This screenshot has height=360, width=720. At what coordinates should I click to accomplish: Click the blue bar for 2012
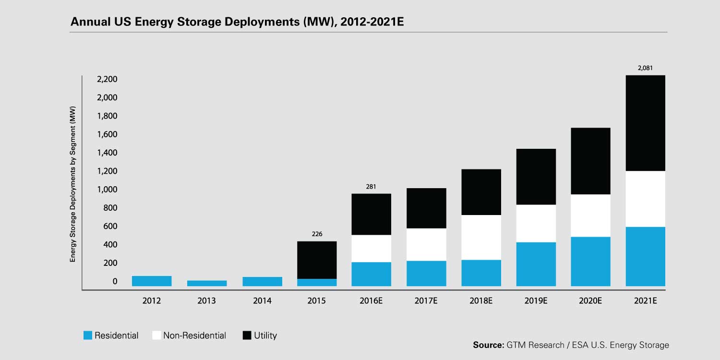point(152,281)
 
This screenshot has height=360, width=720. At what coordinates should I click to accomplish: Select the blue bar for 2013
point(207,283)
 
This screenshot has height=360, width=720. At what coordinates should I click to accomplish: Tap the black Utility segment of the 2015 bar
point(317,260)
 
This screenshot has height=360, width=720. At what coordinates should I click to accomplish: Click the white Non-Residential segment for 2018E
point(481,237)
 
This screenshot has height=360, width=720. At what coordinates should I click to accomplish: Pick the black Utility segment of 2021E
point(646,123)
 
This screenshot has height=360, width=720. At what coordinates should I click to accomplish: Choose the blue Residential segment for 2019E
point(536,264)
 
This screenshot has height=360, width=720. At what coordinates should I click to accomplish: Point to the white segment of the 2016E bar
point(371,248)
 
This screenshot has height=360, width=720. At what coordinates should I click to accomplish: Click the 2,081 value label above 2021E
point(646,68)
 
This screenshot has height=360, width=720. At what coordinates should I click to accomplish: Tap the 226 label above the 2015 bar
point(317,234)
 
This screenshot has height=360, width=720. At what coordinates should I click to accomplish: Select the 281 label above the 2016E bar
point(371,187)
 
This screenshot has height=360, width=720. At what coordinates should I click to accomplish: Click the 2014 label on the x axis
point(262,301)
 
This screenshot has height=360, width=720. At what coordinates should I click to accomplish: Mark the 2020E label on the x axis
point(590,301)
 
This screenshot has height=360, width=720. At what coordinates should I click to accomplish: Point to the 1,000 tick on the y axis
point(108,190)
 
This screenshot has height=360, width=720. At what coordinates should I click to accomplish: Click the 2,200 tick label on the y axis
point(108,79)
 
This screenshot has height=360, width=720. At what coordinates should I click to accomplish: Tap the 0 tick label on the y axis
point(115,281)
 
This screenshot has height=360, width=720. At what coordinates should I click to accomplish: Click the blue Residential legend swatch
point(87,336)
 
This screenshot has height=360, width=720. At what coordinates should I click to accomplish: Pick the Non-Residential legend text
point(194,336)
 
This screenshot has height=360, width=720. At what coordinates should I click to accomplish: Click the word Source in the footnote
point(487,345)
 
